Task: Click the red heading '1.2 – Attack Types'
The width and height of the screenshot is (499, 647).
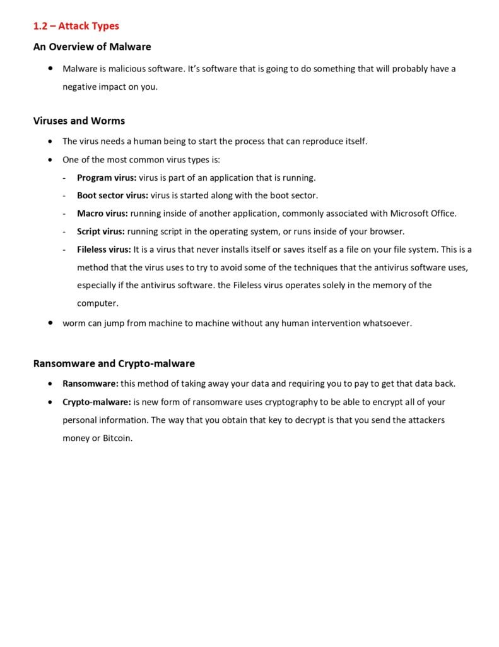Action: [x=76, y=26]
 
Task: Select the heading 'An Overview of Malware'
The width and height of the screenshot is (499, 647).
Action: [x=92, y=47]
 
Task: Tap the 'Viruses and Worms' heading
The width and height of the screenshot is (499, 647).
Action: [x=79, y=121]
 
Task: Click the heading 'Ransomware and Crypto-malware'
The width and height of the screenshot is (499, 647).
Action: [x=114, y=363]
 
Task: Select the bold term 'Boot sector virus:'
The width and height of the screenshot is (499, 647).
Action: [x=112, y=195]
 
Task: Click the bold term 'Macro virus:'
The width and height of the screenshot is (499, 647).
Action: [x=102, y=213]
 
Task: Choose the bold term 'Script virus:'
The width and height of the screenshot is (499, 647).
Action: [x=101, y=231]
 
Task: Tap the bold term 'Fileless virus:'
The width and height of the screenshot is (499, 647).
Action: [x=104, y=249]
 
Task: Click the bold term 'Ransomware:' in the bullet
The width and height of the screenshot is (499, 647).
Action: [x=90, y=384]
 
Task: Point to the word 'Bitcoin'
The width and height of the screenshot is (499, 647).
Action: [x=117, y=438]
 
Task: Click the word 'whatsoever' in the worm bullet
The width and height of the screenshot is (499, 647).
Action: [x=387, y=323]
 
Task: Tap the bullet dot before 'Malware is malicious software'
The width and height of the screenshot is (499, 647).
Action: [x=50, y=68]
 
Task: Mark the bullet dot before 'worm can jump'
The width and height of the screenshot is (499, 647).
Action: [x=50, y=323]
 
